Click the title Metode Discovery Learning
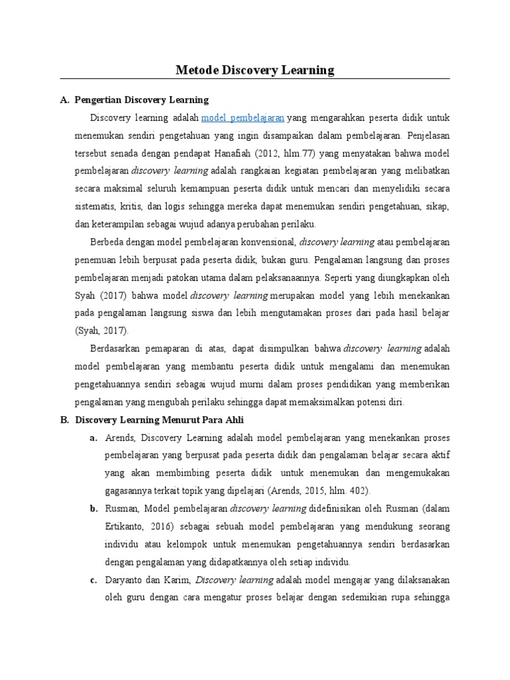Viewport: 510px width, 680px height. point(254,69)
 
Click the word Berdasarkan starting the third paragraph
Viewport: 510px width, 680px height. point(115,348)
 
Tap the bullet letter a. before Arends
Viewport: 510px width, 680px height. point(94,438)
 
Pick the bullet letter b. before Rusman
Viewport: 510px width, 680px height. point(94,509)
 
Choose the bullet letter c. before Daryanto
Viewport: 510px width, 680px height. point(94,580)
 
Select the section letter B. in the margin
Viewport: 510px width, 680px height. point(64,420)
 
